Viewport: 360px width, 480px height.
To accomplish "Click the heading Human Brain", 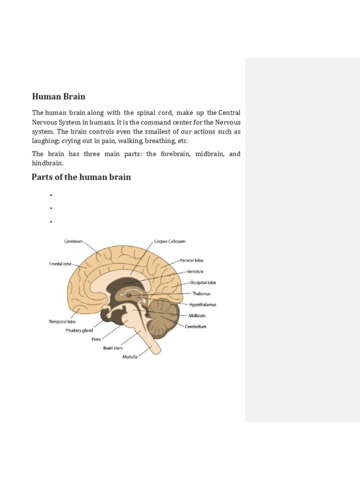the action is pyautogui.click(x=59, y=97).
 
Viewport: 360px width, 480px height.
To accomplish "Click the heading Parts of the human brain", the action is pyautogui.click(x=81, y=177).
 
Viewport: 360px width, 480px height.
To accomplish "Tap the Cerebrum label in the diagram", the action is pyautogui.click(x=73, y=241).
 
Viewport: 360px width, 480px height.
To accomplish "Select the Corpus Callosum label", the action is pyautogui.click(x=170, y=241).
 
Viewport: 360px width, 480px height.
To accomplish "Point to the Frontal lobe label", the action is pyautogui.click(x=60, y=264).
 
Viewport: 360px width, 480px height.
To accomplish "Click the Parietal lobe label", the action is pyautogui.click(x=192, y=261).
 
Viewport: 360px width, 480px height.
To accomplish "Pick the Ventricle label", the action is pyautogui.click(x=195, y=271).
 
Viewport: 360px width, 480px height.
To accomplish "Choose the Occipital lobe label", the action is pyautogui.click(x=203, y=283).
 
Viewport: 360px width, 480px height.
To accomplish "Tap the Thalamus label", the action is pyautogui.click(x=201, y=293).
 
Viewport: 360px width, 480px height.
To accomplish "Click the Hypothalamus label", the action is pyautogui.click(x=202, y=305).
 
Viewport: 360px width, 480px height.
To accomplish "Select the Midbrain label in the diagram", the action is pyautogui.click(x=197, y=316).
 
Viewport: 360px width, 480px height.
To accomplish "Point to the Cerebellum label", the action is pyautogui.click(x=195, y=327).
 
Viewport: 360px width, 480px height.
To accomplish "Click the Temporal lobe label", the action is pyautogui.click(x=62, y=322).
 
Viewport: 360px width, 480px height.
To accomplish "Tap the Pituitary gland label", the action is pyautogui.click(x=79, y=330).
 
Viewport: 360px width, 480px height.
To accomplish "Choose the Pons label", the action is pyautogui.click(x=96, y=339).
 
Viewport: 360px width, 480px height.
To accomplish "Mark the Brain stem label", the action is pyautogui.click(x=112, y=348).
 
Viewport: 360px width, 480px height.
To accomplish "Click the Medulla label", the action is pyautogui.click(x=130, y=357).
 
